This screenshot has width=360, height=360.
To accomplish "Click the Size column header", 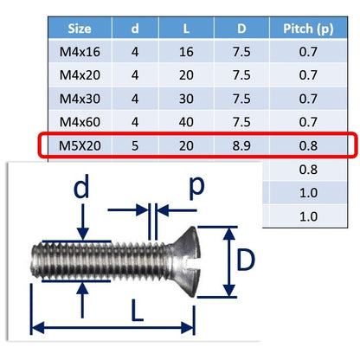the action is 80,29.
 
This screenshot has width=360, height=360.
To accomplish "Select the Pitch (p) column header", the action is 308,29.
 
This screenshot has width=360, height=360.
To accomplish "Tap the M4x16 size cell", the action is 80,52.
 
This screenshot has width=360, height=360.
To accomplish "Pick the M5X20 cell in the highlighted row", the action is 80,145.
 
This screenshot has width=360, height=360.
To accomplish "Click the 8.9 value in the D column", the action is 241,145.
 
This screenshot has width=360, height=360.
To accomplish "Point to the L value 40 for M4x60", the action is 186,122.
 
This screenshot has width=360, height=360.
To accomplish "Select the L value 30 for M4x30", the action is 186,99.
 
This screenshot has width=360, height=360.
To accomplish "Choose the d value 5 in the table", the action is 135,145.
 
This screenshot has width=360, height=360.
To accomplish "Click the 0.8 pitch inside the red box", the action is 308,145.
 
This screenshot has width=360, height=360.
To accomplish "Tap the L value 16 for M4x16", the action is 186,52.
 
